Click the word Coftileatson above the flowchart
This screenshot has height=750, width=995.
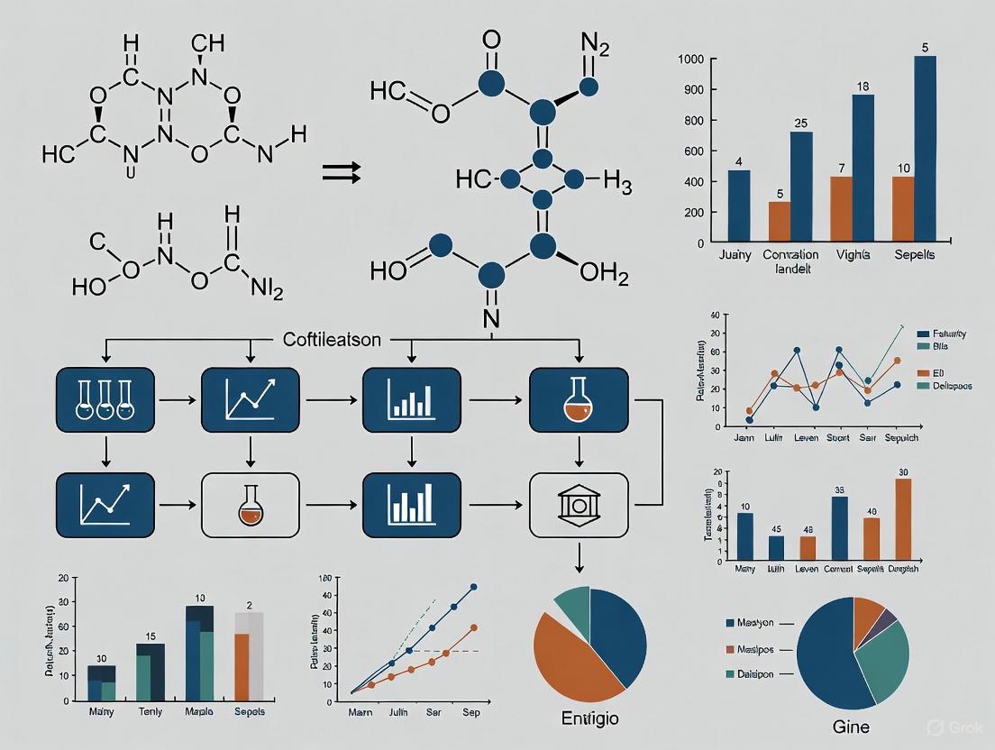[x=332, y=340]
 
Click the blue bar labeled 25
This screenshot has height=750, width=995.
[x=800, y=187]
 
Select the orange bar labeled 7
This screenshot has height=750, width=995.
[x=841, y=209]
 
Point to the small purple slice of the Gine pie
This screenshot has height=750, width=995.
[x=888, y=618]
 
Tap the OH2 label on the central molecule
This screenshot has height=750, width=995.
[x=604, y=272]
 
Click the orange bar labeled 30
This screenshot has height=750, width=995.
[x=903, y=519]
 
